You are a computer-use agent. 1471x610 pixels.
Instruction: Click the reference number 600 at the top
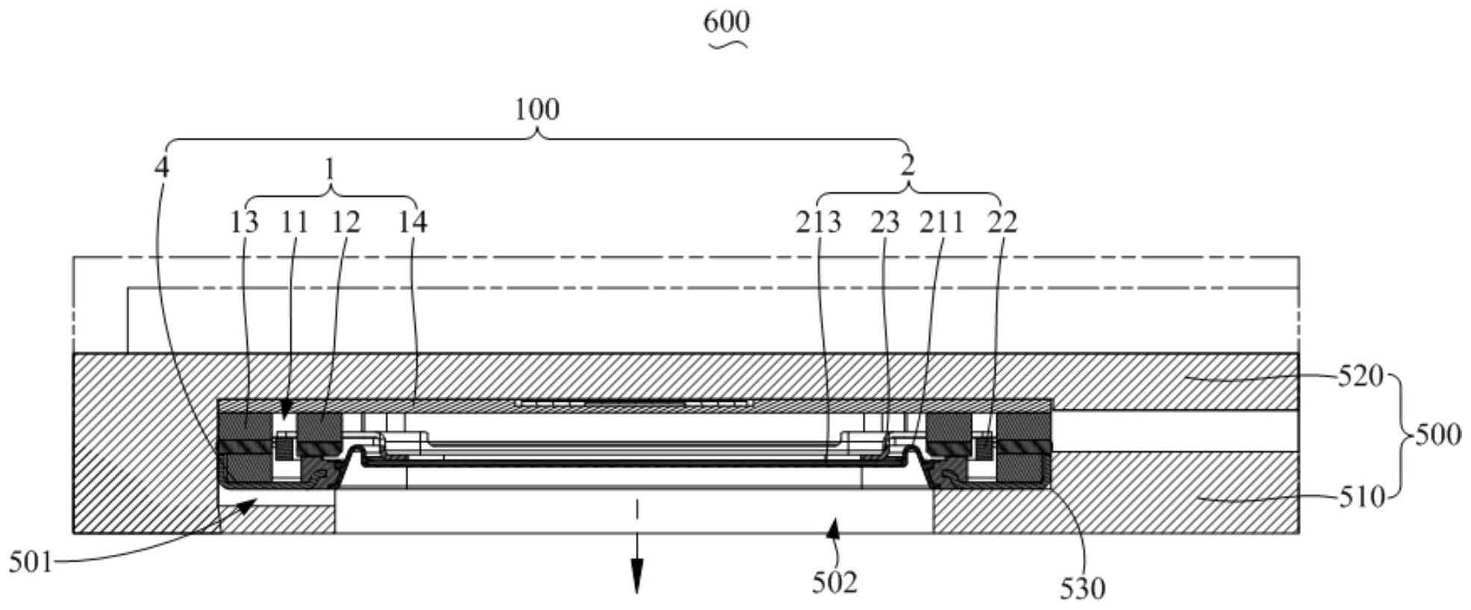point(726,22)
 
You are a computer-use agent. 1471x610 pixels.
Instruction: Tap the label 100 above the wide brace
point(537,110)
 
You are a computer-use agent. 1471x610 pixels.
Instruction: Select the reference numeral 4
point(162,167)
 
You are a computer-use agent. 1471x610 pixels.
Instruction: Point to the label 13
point(244,221)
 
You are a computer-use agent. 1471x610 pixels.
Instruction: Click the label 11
point(295,221)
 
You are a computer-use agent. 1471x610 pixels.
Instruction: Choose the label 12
point(346,221)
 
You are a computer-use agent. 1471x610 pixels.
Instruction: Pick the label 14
point(412,221)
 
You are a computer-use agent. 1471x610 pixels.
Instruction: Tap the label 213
point(818,221)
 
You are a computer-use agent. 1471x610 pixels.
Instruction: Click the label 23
point(885,221)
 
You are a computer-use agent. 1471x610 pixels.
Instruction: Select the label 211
point(941,221)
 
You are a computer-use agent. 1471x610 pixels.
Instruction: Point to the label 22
point(1002,221)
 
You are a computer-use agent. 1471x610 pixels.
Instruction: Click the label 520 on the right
point(1360,377)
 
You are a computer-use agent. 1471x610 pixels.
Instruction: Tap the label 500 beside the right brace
point(1437,434)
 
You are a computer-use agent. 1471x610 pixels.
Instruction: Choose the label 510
point(1361,497)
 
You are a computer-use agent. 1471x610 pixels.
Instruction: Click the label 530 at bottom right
point(1082,589)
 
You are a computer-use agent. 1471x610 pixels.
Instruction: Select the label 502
point(834,582)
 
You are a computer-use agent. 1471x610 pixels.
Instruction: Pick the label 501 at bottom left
point(31,562)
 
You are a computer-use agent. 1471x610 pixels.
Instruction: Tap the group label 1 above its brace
point(330,170)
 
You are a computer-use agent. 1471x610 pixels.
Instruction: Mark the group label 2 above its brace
point(908,166)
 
